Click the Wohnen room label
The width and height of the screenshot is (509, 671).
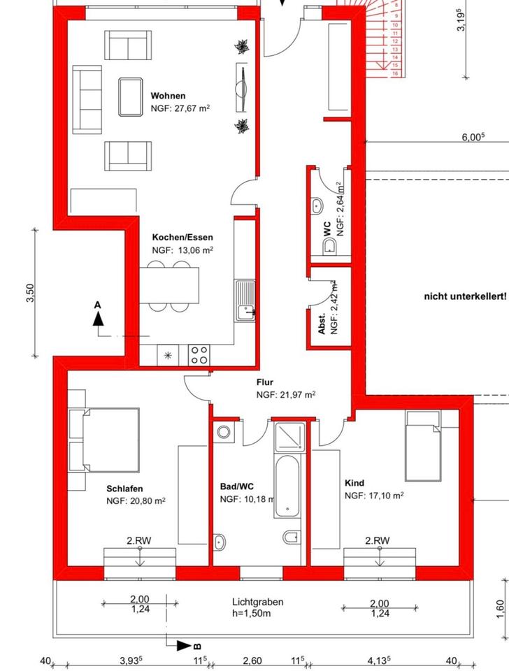pos(169,96)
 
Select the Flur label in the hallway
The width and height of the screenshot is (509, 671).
pos(264,382)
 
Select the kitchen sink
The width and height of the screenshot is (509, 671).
pos(246,301)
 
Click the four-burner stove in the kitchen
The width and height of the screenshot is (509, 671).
pos(199,355)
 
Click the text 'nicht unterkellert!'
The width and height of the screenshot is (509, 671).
pos(464,296)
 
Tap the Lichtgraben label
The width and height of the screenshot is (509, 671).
pos(258,602)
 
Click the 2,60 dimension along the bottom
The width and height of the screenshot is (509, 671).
pos(252,661)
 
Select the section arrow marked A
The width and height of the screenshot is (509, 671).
pos(99,317)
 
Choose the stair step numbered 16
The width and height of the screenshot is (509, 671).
pos(396,73)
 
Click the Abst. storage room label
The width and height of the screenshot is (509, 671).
pos(322,326)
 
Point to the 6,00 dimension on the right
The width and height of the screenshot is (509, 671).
pos(473,138)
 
